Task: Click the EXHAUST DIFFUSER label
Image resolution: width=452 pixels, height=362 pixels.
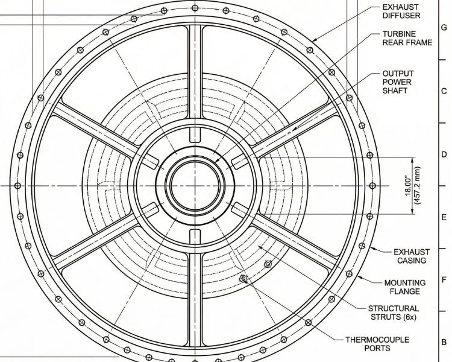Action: tap(401, 11)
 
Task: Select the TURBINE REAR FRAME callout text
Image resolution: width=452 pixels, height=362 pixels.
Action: tap(407, 38)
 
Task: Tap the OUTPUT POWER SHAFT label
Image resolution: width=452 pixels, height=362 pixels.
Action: tap(398, 82)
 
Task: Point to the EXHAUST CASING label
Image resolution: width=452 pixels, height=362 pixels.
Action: tap(412, 256)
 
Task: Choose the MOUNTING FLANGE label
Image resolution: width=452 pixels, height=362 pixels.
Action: tap(405, 287)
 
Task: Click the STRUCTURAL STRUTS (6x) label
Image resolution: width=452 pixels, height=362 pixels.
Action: tap(394, 313)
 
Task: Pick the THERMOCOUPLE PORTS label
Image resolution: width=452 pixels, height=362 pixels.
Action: tap(377, 344)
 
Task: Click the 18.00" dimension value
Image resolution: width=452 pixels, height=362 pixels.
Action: tap(408, 186)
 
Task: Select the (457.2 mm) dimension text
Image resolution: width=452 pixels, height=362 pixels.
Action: tap(417, 186)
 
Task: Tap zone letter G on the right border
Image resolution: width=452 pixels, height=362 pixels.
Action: tap(444, 28)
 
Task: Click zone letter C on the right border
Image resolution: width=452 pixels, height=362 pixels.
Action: tap(444, 91)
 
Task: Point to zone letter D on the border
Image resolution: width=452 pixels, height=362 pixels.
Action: tap(444, 154)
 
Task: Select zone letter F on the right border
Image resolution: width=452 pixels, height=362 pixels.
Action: tap(444, 280)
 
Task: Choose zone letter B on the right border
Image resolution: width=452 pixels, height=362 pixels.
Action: tap(444, 342)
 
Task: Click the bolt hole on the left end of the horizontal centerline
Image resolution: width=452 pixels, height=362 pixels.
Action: tap(17, 186)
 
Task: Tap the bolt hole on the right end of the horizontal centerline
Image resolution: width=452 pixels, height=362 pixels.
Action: tap(372, 186)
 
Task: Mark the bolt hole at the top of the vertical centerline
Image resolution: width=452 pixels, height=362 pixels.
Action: tap(195, 8)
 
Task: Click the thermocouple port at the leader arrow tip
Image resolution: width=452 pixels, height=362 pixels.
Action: tap(243, 278)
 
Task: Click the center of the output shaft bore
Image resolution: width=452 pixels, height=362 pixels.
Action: tap(195, 186)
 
